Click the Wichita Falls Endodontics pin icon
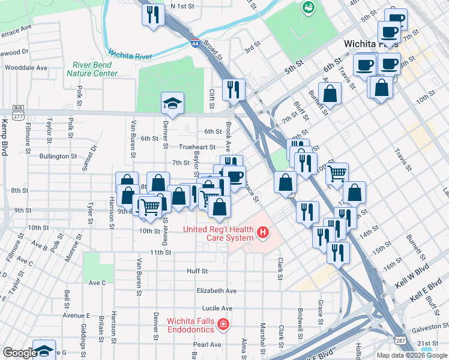point(223,325)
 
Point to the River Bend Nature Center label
point(92,69)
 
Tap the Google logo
point(20,353)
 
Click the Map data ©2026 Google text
point(411,355)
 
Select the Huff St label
point(197,271)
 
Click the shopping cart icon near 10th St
point(337,173)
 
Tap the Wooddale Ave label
point(26,68)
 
